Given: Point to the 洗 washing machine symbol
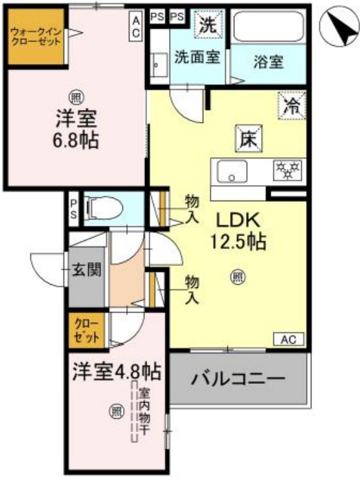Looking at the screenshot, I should coord(208,26).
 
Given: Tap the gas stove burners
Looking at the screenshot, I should coord(287,171).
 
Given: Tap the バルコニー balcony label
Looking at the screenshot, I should coord(238,377).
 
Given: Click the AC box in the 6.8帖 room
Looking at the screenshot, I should coord(137,27).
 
